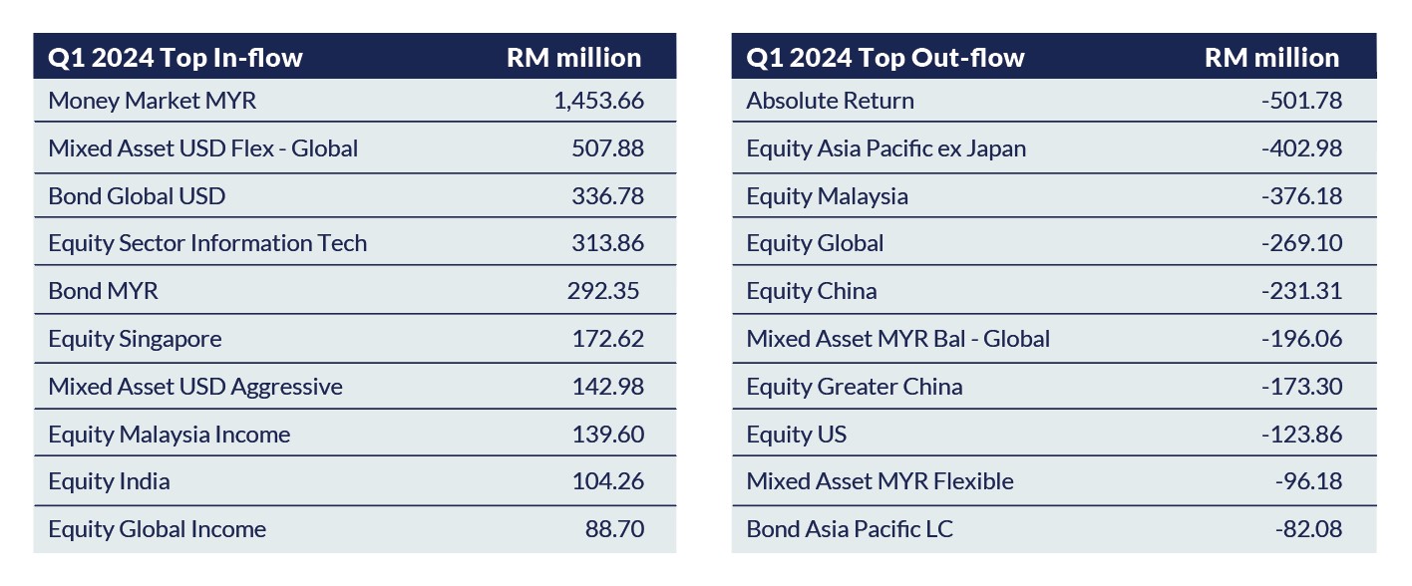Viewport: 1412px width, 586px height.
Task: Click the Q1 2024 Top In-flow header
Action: tap(175, 58)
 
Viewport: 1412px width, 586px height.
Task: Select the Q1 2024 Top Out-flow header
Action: tap(884, 58)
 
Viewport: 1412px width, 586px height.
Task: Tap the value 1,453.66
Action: tap(598, 101)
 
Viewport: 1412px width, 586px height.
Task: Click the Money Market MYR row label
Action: tap(152, 101)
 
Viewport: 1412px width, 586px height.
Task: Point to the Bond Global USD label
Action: tap(137, 196)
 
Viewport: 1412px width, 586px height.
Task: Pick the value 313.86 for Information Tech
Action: tap(607, 243)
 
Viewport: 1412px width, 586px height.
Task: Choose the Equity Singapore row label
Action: tap(135, 339)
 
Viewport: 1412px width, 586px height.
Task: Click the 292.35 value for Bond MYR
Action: tap(603, 291)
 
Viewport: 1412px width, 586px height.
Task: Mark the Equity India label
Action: tap(109, 481)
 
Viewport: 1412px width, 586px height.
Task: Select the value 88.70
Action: tap(614, 529)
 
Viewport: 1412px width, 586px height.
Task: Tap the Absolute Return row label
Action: tap(830, 101)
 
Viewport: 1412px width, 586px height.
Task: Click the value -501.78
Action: tap(1301, 101)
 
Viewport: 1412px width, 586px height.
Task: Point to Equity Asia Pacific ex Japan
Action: tap(885, 148)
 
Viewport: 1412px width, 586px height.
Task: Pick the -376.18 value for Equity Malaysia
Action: tap(1301, 196)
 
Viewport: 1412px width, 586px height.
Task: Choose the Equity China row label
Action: tap(812, 291)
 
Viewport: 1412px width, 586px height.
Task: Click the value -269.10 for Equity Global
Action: tap(1301, 243)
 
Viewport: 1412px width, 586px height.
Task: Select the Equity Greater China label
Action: tap(855, 387)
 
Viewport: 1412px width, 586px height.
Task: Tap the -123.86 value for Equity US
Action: tap(1301, 435)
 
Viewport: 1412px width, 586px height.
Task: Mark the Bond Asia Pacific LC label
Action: tap(850, 529)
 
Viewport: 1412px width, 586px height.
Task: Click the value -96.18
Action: tap(1308, 481)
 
